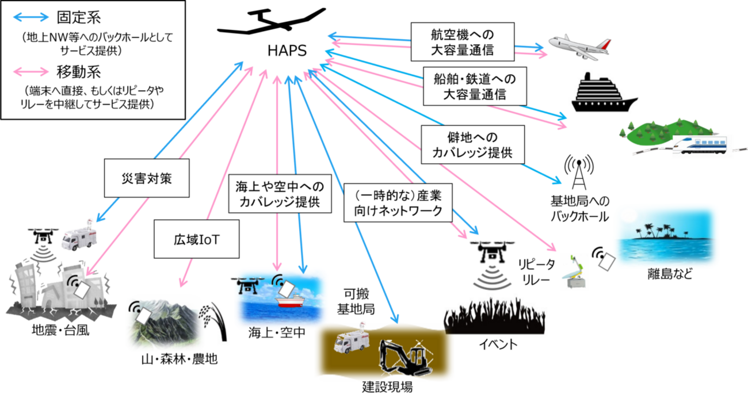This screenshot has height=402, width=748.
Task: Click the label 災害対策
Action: tap(147, 178)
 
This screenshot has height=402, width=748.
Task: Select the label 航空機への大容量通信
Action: tap(462, 41)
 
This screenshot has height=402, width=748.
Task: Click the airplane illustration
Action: tap(579, 45)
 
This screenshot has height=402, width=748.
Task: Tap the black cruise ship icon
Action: tap(603, 93)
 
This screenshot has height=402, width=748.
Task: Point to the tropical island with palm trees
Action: tap(666, 236)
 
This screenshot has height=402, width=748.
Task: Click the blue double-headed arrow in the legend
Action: tap(31, 17)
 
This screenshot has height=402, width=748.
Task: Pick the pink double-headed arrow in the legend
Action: tap(31, 72)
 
